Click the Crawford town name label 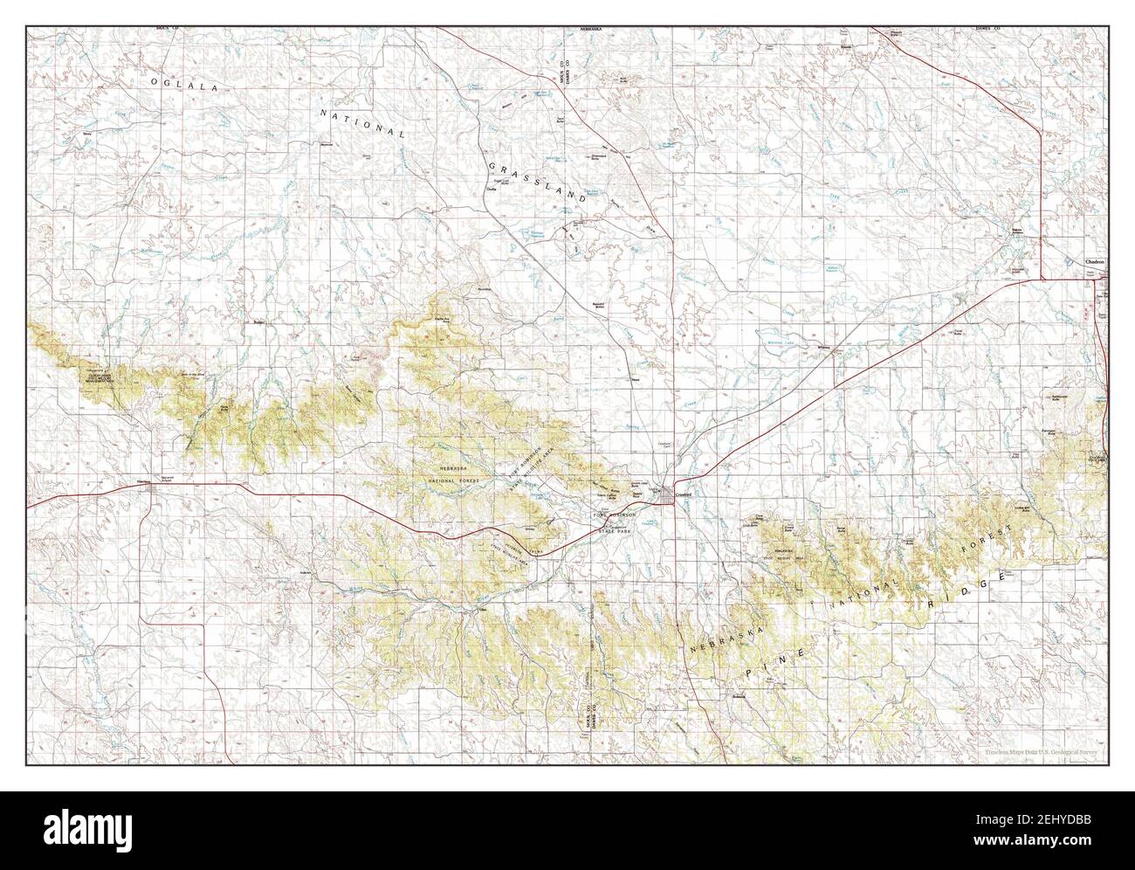tap(684, 494)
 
